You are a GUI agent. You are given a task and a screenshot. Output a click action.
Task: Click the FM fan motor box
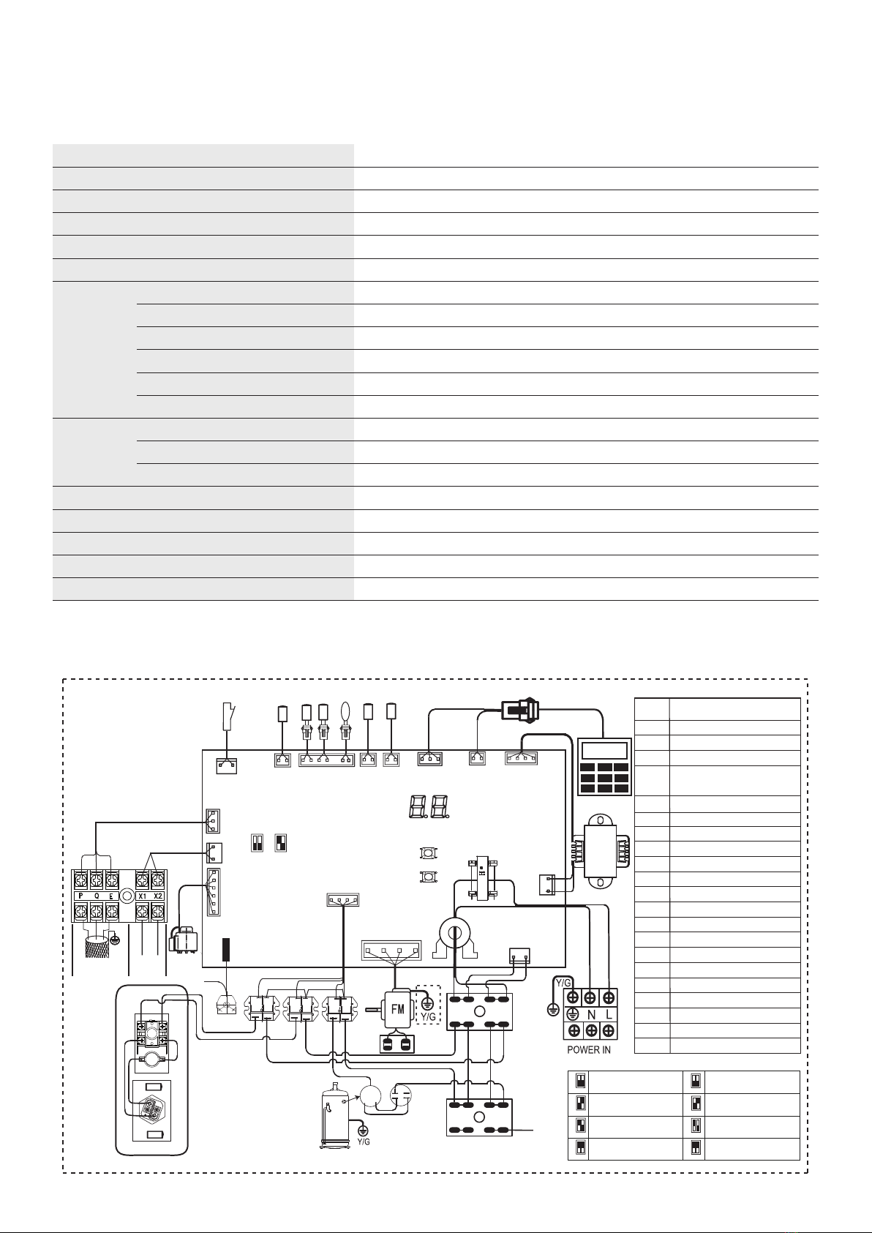(397, 1009)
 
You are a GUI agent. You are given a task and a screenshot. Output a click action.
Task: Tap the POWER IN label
(589, 1050)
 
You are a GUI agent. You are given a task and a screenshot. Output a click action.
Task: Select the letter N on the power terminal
(591, 1014)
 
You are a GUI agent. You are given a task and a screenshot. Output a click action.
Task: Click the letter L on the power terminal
(609, 1014)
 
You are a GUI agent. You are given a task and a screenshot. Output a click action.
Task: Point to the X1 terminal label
(143, 896)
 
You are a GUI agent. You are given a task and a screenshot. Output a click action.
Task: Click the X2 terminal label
(159, 896)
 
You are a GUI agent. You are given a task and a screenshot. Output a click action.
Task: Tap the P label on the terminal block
(81, 896)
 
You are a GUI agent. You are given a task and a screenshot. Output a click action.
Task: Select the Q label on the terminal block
(97, 896)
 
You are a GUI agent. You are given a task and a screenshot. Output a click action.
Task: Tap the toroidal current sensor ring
(454, 933)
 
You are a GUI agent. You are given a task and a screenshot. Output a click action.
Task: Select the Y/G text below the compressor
(364, 1142)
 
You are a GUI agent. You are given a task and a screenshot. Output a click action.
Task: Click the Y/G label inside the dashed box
(429, 1016)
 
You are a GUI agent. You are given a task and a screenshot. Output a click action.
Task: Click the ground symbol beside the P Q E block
(114, 940)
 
